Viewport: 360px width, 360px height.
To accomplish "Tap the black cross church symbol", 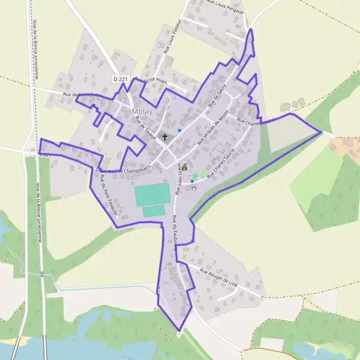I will [165, 137].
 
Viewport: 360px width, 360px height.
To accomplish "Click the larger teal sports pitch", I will [152, 194].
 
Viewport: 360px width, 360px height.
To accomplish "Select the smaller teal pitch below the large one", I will [154, 211].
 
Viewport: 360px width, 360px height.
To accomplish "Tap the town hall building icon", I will [185, 167].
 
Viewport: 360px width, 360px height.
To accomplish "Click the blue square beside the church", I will [179, 130].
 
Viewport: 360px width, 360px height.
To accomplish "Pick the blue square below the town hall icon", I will [192, 181].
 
